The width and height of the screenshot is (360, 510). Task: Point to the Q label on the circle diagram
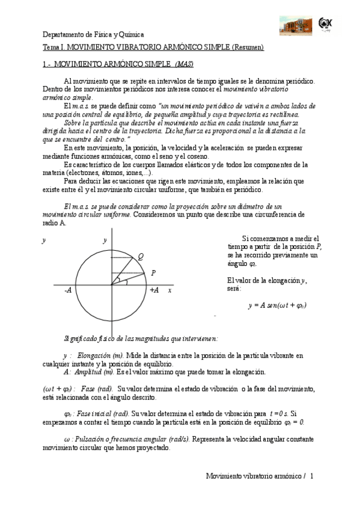[140, 257]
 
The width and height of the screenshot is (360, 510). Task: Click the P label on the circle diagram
[154, 273]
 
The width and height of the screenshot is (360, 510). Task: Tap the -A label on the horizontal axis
[68, 290]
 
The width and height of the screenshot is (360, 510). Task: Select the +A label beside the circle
[154, 290]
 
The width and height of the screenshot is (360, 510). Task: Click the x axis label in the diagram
[170, 290]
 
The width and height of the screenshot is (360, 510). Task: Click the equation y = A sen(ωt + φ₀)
[277, 305]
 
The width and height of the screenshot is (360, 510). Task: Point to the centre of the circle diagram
[112, 283]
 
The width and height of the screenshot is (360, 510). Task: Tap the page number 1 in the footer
[312, 476]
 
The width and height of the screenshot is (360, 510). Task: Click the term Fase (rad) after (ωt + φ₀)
[95, 389]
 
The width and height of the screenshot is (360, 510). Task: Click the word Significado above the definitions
[82, 337]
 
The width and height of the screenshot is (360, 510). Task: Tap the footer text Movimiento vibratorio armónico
[252, 476]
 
